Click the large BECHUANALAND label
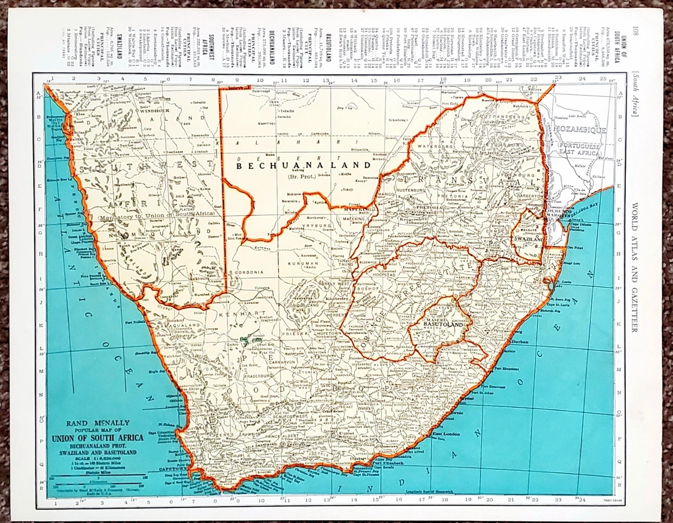coord(303,166)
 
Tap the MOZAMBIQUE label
coord(581,130)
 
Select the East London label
coord(446,434)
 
